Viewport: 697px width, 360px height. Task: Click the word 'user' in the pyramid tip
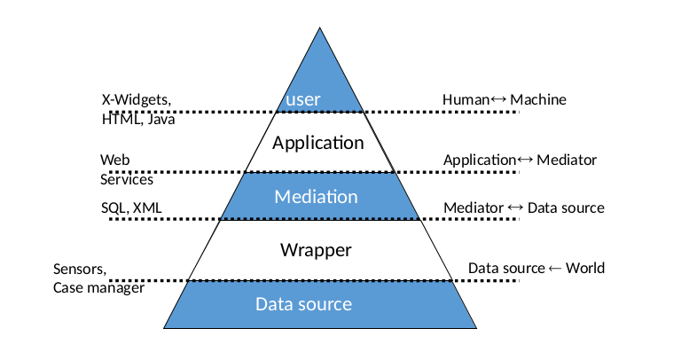tap(303, 99)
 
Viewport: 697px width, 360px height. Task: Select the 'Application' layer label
tap(317, 142)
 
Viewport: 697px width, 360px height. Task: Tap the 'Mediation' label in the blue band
tap(316, 197)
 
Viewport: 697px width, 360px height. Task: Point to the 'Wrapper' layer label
tap(316, 250)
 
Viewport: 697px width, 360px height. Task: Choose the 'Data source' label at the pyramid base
tap(303, 304)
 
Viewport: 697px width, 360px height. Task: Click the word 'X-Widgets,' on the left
tap(136, 99)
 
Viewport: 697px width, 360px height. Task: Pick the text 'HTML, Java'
tap(137, 120)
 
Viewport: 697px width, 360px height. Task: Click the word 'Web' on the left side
tap(110, 160)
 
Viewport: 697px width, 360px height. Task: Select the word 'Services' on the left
tap(126, 179)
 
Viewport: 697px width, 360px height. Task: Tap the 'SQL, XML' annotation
tap(130, 207)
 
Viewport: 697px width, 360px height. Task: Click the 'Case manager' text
tap(98, 288)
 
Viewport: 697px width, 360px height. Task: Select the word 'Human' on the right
tap(466, 99)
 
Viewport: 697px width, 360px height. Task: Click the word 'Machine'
tap(538, 99)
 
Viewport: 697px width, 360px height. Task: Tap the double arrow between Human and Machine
tap(498, 99)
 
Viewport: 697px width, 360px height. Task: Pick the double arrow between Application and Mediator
tap(525, 160)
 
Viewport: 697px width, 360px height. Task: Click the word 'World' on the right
tap(585, 268)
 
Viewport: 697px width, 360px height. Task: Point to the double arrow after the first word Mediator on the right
tap(515, 207)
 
